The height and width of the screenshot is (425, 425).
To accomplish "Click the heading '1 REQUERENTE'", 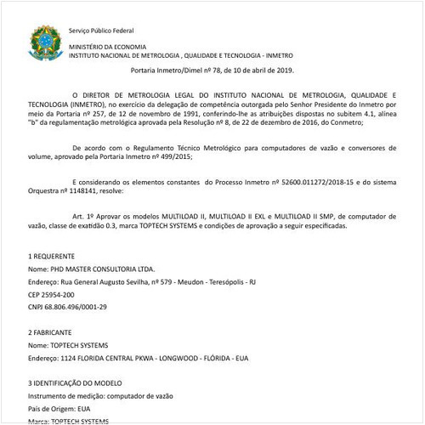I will [x=54, y=255].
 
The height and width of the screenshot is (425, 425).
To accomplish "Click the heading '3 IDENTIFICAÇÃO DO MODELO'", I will [x=78, y=383].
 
